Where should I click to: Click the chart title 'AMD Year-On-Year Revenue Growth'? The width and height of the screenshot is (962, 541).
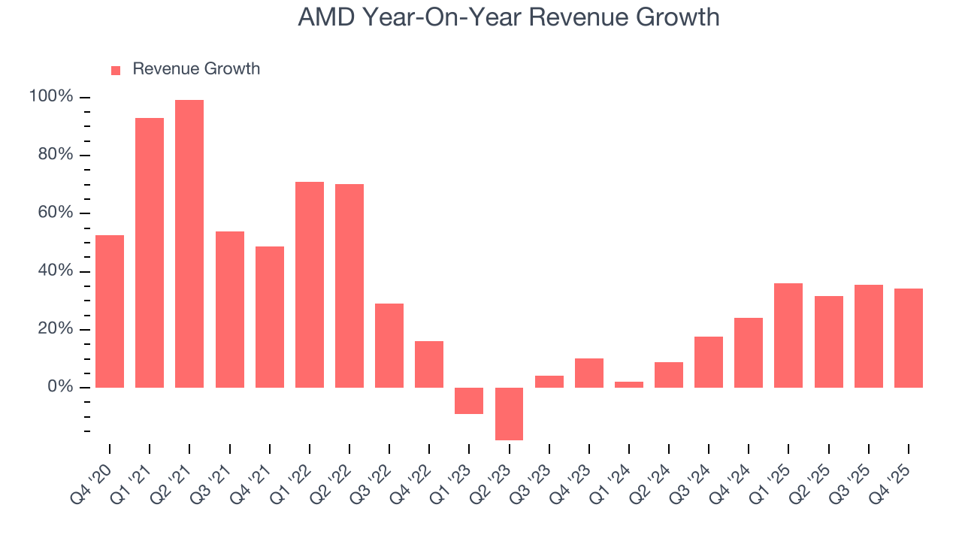pos(508,17)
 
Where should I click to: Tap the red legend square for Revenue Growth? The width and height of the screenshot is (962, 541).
pos(116,70)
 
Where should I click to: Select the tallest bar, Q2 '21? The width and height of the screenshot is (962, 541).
pos(189,243)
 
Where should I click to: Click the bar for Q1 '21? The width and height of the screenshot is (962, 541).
pos(150,252)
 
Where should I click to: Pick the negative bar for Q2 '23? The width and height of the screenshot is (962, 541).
pos(509,413)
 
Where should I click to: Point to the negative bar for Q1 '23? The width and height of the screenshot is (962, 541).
pos(469,400)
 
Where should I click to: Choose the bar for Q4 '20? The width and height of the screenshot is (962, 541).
pos(110,311)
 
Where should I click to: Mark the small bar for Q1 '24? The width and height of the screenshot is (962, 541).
pos(629,384)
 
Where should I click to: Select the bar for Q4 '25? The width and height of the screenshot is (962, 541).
pos(909,337)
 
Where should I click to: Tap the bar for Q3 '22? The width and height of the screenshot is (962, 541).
pos(389,345)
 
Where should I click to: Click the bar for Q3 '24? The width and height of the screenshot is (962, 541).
pos(709,361)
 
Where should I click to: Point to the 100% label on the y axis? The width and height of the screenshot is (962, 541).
pos(51,97)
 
